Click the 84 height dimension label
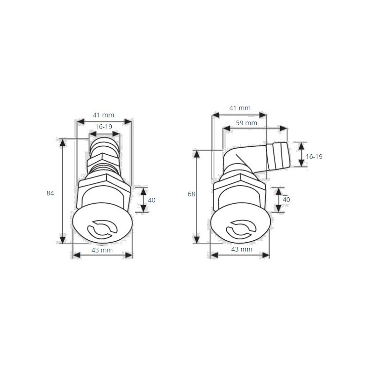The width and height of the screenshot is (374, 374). pos(50,193)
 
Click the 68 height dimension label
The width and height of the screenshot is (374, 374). pos(191,194)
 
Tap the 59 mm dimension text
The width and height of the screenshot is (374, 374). pos(246,123)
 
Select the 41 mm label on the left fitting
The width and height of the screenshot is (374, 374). pos(103,115)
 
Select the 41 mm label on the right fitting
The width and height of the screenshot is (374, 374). pos(240,108)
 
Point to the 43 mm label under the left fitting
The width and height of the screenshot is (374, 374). pos(102,250)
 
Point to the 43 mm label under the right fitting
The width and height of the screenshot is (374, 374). pos(242,249)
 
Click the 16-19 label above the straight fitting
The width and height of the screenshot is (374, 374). pos(104,127)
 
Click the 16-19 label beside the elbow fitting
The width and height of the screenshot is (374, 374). pos(314,157)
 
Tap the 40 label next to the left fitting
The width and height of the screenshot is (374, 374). pos(151,200)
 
